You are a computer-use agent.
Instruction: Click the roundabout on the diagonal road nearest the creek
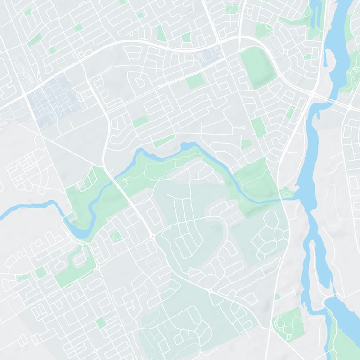point(153,236)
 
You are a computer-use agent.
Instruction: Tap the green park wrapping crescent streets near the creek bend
point(74,265)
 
